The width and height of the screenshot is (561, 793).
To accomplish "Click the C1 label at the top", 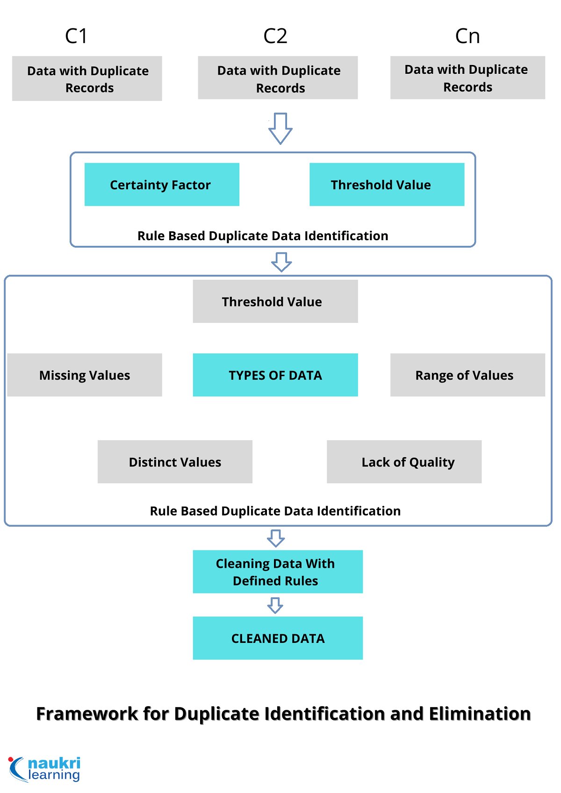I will pos(76,36).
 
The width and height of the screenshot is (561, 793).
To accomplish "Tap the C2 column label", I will pos(275,36).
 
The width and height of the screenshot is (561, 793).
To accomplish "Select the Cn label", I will pos(467,36).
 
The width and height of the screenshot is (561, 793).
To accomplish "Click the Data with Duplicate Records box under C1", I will pos(87,79).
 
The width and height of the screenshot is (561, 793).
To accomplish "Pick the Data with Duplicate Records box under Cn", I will pos(467,78).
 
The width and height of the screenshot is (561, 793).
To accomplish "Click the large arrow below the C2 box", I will pos(280,128).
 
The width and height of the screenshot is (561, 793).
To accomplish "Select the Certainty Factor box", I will pos(162,185).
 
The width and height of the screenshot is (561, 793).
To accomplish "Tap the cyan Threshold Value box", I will pos(387,185).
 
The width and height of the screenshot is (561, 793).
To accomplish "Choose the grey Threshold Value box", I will pos(275,301).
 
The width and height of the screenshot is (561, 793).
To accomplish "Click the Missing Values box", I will pos(85,375).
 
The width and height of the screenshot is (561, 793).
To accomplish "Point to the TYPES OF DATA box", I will pos(275,375).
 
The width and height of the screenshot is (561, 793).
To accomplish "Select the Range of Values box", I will pos(467,375).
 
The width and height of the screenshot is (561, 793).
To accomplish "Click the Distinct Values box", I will pos(175,462).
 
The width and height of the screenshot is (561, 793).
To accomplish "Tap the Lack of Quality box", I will pos(404,462).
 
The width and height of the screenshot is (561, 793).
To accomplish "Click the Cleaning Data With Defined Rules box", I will pos(278,572).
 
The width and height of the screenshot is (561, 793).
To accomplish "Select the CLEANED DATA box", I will pos(278,638).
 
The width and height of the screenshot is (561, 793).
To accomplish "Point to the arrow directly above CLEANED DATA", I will pos(275,605).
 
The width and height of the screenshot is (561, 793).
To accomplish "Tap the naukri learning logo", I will pos(45,769).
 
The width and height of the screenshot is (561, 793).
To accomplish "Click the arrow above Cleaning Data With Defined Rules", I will pos(276,538).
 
